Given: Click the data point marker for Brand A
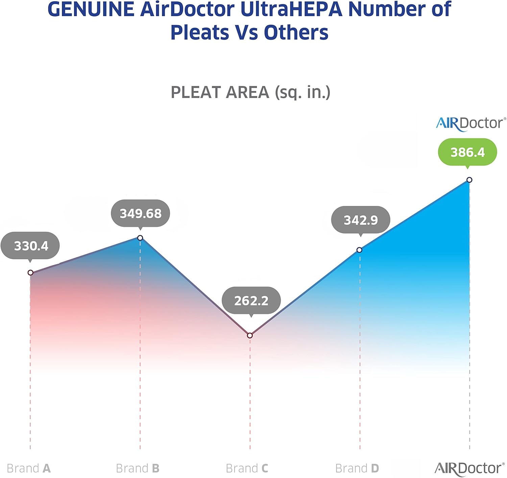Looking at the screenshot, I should (30, 272).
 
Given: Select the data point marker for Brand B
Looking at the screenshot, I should (140, 238).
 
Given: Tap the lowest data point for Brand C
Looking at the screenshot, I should (250, 335).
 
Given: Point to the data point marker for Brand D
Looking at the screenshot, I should (359, 250).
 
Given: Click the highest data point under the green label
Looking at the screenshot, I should (469, 180).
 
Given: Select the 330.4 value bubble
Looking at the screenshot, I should (30, 246).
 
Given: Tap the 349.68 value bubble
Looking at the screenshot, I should (141, 213).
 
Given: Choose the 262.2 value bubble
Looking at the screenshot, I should (251, 300).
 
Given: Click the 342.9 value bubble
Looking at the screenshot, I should (361, 220).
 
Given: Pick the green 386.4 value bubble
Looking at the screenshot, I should (467, 152).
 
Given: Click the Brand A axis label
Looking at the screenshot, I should (29, 468).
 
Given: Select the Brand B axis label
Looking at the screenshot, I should (138, 468).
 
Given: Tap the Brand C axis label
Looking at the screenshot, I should (247, 468).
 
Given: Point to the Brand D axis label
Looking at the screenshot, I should (357, 468).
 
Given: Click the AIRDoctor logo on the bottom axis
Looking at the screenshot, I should (469, 469).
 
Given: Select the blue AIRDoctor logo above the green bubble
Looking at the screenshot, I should (471, 124).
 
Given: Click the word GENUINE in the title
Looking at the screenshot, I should (91, 9).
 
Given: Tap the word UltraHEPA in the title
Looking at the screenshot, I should (291, 9).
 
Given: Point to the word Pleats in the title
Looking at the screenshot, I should (200, 33).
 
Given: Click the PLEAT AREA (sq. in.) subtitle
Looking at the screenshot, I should (250, 92).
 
